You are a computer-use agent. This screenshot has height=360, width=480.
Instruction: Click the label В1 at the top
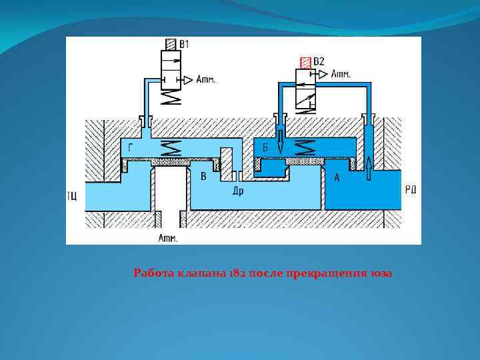tap(185, 44)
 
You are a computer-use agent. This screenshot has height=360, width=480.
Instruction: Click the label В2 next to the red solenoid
tap(319, 62)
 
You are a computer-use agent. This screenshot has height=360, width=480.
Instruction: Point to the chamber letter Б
tap(265, 149)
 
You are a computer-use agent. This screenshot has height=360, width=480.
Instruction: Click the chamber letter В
tap(203, 177)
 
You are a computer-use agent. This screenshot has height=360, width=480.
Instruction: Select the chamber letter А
tap(337, 177)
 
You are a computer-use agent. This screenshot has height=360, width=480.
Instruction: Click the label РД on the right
tap(411, 190)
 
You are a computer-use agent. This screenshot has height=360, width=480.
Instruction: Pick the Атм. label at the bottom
tap(168, 237)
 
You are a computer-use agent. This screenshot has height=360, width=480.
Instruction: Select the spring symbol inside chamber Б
tap(307, 147)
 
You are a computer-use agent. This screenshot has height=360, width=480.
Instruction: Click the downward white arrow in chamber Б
tap(281, 142)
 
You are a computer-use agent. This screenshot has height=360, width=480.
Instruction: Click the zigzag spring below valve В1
tap(172, 97)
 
